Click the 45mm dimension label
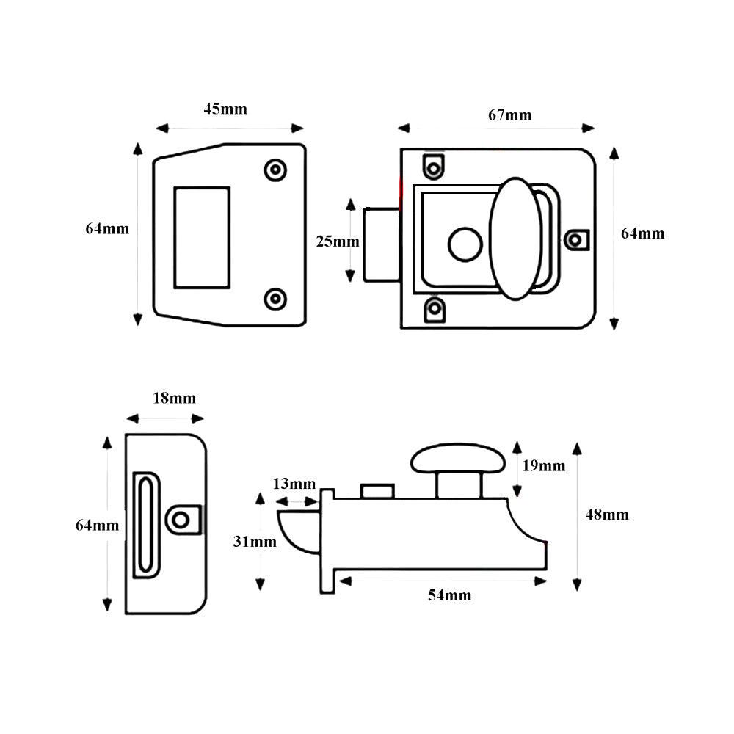225,109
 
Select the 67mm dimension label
510,115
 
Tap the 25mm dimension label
338,241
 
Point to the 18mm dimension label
174,399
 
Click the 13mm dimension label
294,484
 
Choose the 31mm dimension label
255,542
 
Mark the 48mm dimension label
607,515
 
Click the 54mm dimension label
449,595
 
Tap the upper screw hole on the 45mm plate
275,170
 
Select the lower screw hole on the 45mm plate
275,299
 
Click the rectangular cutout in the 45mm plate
201,237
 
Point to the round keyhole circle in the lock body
465,244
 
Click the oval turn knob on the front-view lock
515,238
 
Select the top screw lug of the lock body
435,166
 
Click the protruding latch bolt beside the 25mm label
381,244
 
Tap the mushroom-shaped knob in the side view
459,459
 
